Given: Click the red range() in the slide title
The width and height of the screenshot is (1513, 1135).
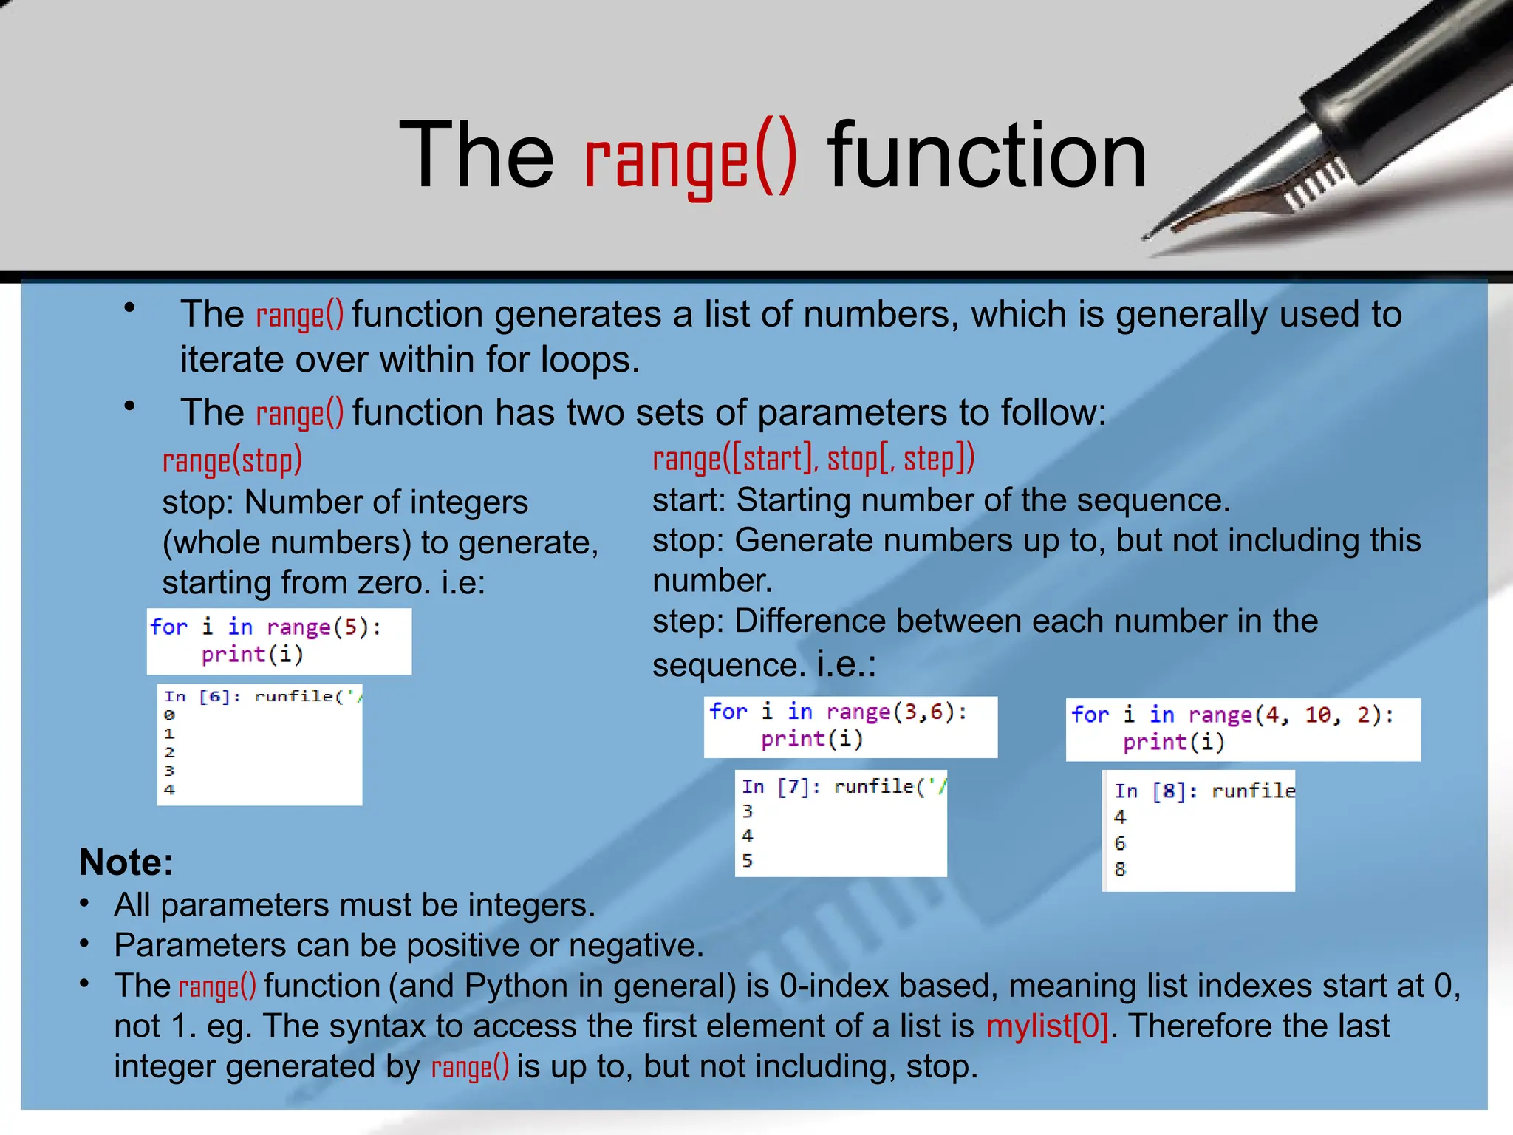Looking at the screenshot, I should [690, 157].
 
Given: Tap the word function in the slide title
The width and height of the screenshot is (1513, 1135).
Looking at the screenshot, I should [987, 157].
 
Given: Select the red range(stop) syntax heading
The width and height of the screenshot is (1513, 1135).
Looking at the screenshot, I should [232, 461].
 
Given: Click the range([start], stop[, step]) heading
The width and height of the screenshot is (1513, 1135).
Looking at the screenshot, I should [813, 460].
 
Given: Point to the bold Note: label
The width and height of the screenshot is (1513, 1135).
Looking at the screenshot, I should [126, 862].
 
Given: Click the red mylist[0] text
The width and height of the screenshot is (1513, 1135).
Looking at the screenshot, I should [1047, 1026].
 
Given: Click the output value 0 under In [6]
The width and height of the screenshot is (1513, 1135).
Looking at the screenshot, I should [169, 715].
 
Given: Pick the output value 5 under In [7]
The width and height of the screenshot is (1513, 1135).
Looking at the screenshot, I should [748, 861].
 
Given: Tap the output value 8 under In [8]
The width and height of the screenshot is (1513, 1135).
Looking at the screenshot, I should [1120, 870].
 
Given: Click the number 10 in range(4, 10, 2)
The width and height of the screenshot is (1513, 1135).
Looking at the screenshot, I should [1317, 715].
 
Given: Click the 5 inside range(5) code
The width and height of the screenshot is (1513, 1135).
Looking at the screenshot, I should [351, 627].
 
